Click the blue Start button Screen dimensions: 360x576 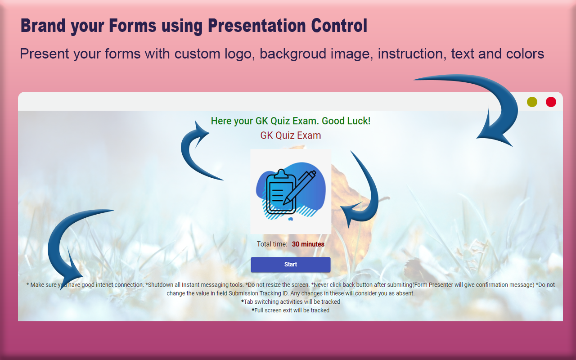coord(290,265)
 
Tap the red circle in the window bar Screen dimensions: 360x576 coord(551,102)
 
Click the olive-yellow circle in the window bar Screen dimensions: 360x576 coord(532,102)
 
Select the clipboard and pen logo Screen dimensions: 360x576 coord(290,191)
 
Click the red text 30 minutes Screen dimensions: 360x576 coord(308,244)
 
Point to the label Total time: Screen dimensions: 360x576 coord(272,244)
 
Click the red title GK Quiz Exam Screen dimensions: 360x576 coord(290,135)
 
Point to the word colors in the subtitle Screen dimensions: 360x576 coord(524,54)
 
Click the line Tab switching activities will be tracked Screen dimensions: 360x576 coord(290,302)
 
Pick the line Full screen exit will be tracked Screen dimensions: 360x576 coord(290,310)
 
